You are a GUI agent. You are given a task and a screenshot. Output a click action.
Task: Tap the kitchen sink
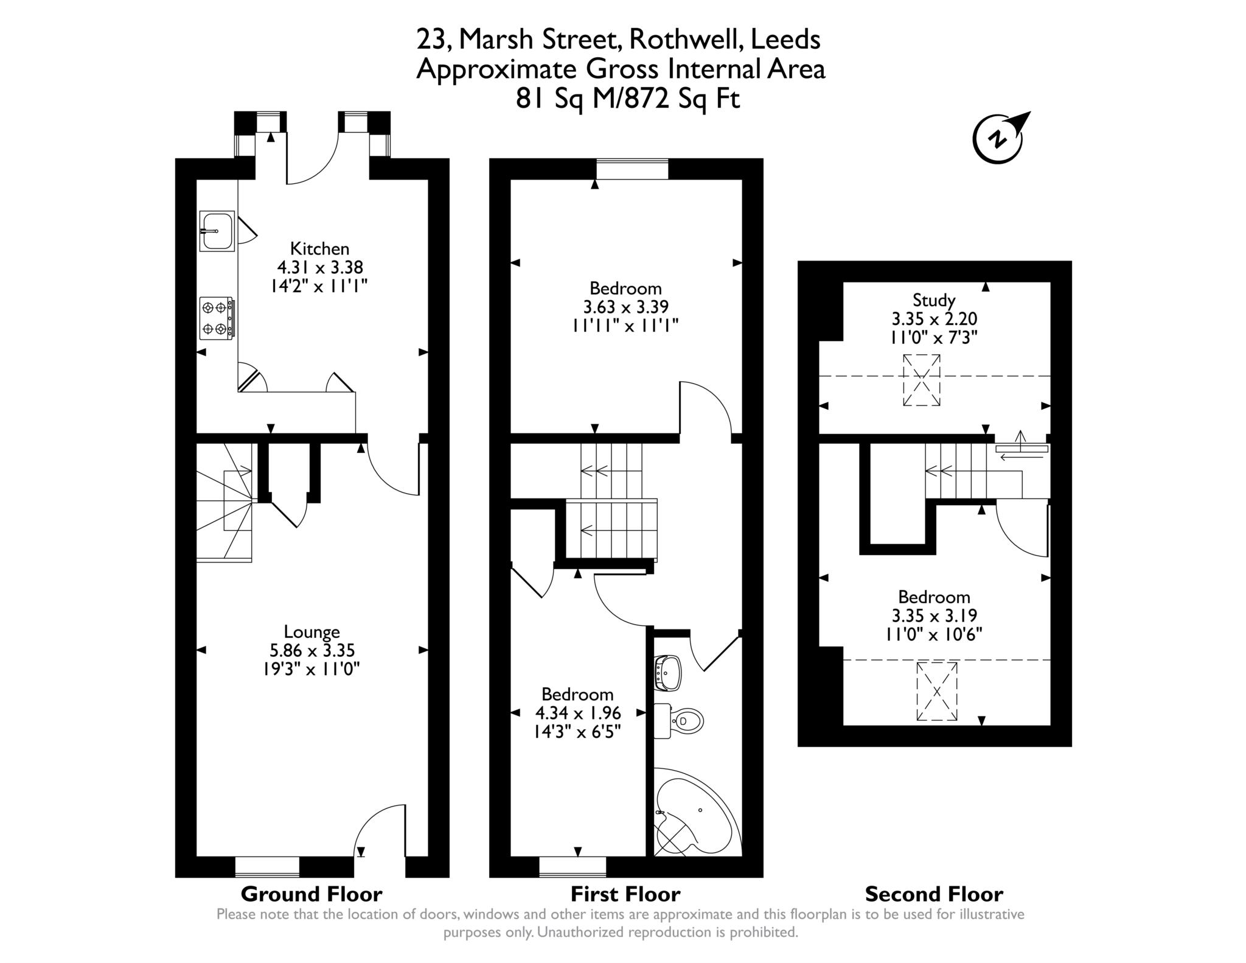[x=217, y=231]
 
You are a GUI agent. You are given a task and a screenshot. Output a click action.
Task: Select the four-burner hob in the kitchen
[x=217, y=318]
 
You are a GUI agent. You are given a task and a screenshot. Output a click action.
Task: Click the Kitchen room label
[x=319, y=248]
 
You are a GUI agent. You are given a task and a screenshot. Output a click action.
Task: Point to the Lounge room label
[x=311, y=632]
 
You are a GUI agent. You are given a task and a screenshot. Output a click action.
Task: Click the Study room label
[x=934, y=300]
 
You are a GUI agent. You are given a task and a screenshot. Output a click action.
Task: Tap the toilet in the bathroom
[x=678, y=721]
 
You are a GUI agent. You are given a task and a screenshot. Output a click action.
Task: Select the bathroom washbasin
[x=667, y=673]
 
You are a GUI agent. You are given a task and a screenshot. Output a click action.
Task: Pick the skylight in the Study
[x=921, y=380]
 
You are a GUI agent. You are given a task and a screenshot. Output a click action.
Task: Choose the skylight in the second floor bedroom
[x=937, y=692]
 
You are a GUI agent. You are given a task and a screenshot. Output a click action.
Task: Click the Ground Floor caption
[x=311, y=894]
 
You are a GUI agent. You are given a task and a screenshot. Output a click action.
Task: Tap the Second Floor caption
[x=934, y=894]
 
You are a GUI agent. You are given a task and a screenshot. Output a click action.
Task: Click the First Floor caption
[x=625, y=894]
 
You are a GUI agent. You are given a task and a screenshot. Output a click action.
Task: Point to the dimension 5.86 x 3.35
[x=312, y=651]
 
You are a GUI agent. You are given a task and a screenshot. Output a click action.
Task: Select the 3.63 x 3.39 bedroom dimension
[x=625, y=307]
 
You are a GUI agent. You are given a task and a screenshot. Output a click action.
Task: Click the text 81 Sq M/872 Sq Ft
[x=628, y=98]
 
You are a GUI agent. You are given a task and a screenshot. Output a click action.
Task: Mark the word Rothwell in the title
[x=686, y=40]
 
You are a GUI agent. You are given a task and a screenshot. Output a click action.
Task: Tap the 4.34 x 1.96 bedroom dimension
[x=577, y=712]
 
